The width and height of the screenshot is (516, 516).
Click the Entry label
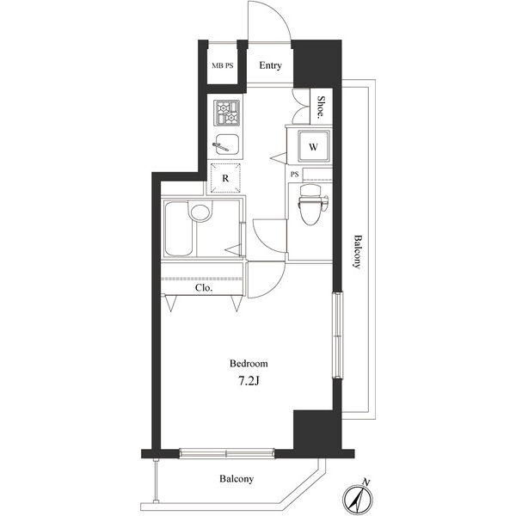tap(270, 65)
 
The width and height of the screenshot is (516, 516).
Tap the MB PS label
tap(223, 66)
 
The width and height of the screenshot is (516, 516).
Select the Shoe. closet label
tap(321, 107)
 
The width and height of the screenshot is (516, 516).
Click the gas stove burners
tap(227, 114)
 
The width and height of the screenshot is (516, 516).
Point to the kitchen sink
tap(226, 144)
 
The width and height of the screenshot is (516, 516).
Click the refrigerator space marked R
tap(225, 178)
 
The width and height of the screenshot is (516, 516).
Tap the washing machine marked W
tap(314, 146)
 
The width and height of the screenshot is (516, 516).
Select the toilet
tap(312, 204)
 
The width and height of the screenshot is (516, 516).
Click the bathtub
tap(179, 229)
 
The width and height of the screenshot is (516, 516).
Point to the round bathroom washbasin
tap(200, 213)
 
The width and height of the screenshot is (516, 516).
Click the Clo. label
tap(204, 288)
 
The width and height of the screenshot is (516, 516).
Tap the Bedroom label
tap(249, 364)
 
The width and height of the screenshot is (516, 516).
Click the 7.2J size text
tap(249, 381)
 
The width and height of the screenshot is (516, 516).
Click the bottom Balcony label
tap(236, 478)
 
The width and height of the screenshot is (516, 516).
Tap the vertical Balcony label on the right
tap(358, 251)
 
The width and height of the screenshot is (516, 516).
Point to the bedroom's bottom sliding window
tap(227, 453)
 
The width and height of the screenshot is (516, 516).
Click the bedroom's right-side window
tap(337, 335)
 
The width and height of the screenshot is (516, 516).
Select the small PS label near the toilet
tap(294, 175)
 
